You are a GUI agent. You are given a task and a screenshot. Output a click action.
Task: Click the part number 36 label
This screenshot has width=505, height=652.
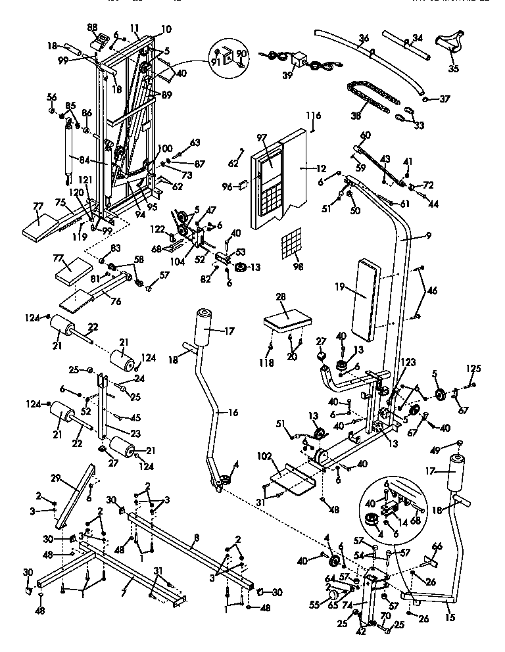pos(363,39)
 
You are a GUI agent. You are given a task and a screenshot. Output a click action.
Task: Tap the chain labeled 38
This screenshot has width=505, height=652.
pos(372,97)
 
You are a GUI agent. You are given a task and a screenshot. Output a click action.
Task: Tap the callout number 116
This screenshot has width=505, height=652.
pos(313,116)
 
